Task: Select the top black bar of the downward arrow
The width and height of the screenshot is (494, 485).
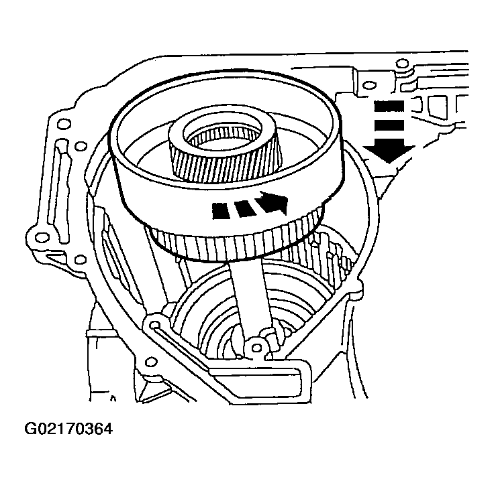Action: tap(387, 105)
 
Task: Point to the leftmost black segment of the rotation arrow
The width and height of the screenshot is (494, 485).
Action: tap(222, 211)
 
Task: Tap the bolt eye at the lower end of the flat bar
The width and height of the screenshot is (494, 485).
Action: tap(254, 346)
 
